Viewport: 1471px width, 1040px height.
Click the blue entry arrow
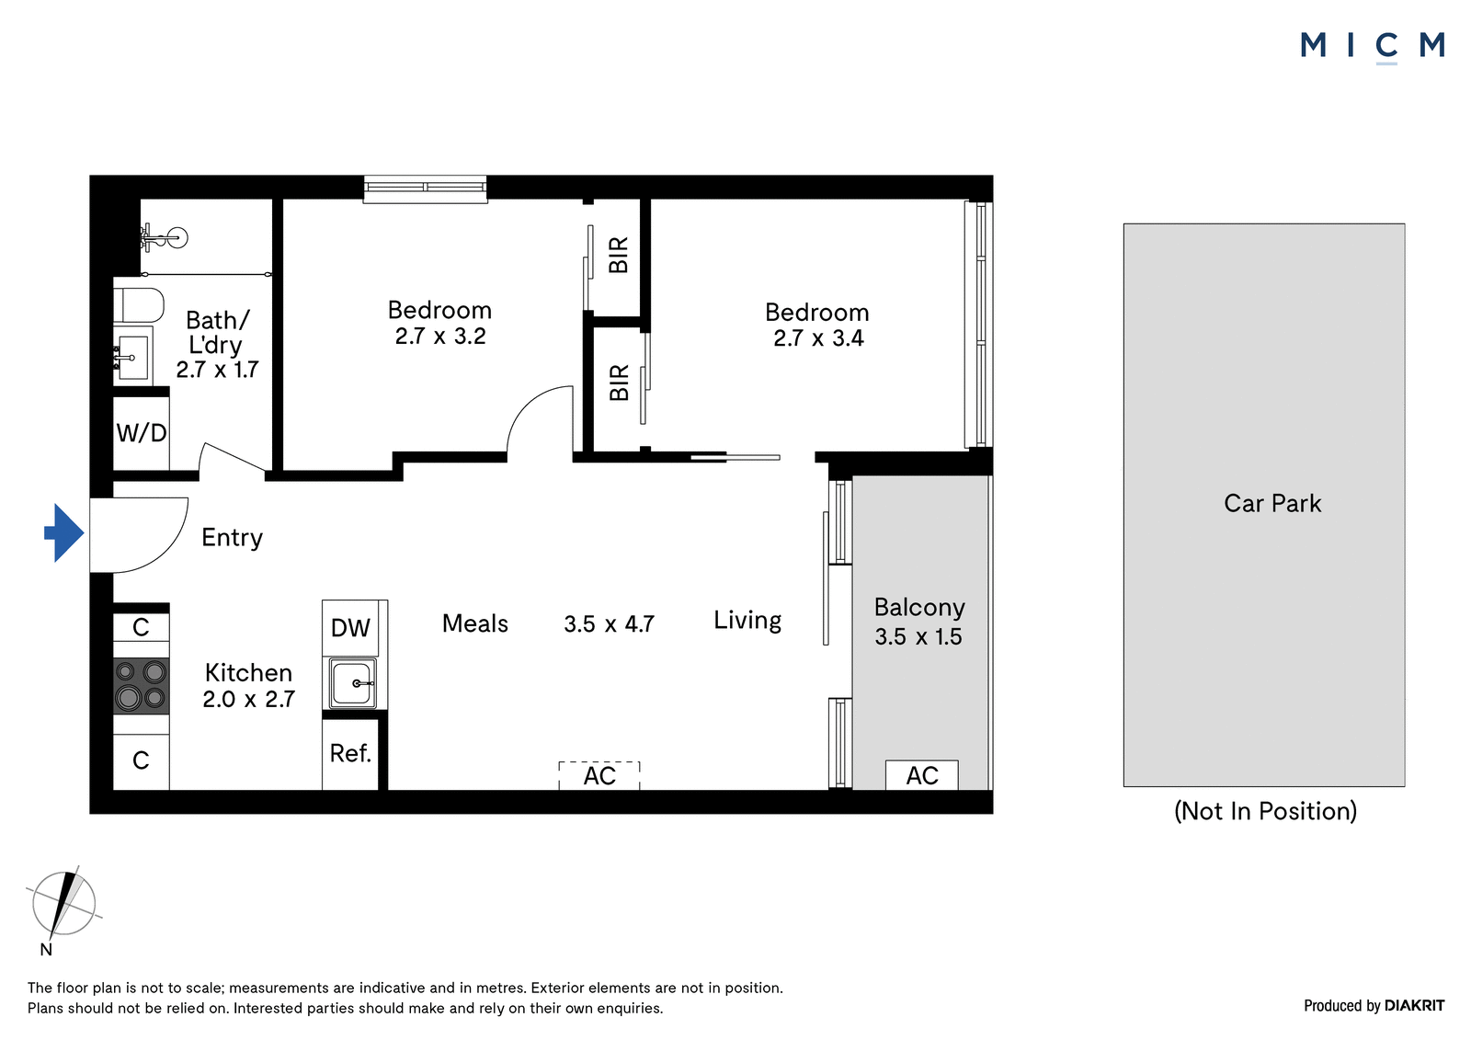pyautogui.click(x=64, y=532)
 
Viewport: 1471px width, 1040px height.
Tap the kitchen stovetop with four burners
pyautogui.click(x=142, y=687)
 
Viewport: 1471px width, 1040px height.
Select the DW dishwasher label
pyautogui.click(x=350, y=628)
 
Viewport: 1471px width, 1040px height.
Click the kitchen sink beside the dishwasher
pyautogui.click(x=353, y=683)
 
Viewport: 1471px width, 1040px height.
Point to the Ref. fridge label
pyautogui.click(x=350, y=753)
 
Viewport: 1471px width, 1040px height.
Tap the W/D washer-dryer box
pyautogui.click(x=142, y=433)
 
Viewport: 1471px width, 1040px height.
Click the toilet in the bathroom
pyautogui.click(x=139, y=305)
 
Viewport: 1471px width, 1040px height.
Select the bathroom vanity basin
pyautogui.click(x=132, y=356)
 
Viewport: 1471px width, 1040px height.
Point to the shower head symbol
pyautogui.click(x=165, y=237)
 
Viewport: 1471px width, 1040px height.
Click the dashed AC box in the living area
pyautogui.click(x=599, y=775)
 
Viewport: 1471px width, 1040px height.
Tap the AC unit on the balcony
pyautogui.click(x=922, y=775)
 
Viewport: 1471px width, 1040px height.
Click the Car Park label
pyautogui.click(x=1272, y=503)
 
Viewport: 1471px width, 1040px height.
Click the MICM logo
pyautogui.click(x=1373, y=46)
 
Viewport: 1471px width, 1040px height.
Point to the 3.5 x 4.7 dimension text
pyautogui.click(x=609, y=623)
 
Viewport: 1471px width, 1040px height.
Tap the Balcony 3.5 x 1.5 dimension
pyautogui.click(x=918, y=636)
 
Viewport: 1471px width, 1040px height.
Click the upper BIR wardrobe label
pyautogui.click(x=619, y=255)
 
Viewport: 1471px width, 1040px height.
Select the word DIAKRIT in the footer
pyautogui.click(x=1415, y=1006)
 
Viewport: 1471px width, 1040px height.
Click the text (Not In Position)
pyautogui.click(x=1265, y=811)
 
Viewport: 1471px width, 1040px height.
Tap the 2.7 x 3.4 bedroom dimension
pyautogui.click(x=818, y=337)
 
